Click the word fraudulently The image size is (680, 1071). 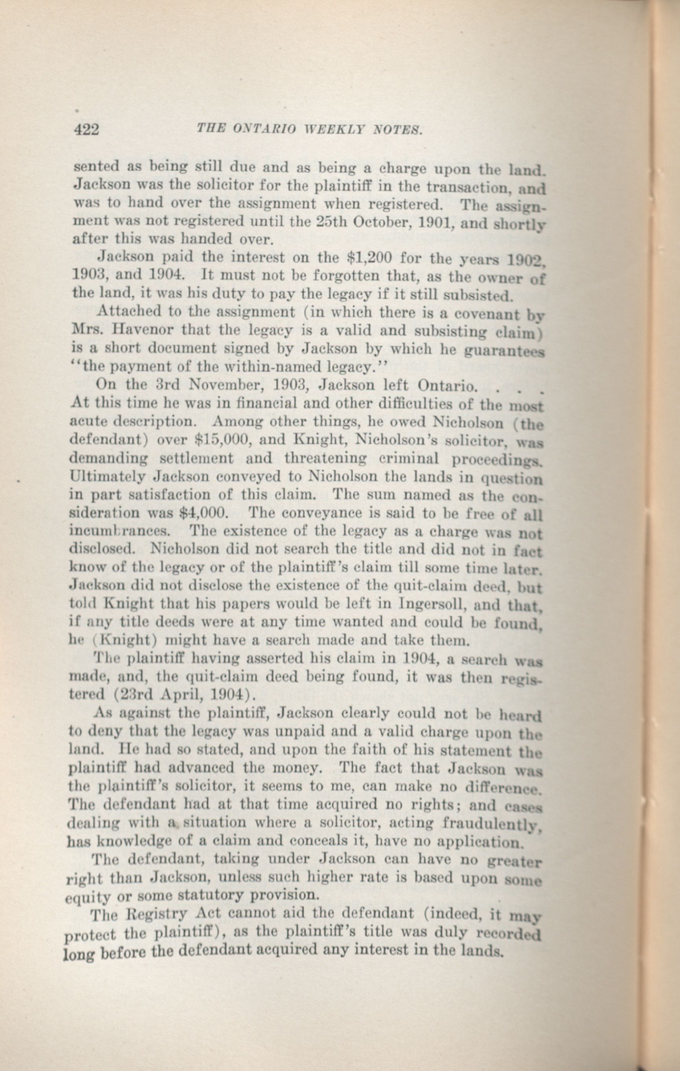click(x=493, y=824)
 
